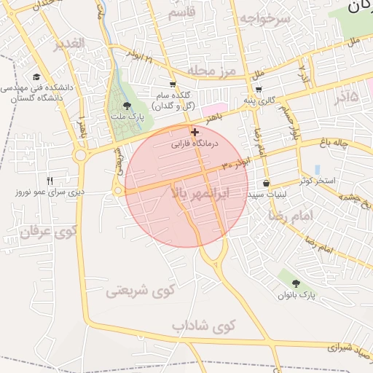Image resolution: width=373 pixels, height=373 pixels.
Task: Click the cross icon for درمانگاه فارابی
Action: click(195, 132)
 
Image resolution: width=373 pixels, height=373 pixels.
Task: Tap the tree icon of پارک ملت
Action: click(127, 106)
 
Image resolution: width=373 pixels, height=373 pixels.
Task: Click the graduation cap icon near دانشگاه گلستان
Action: click(36, 76)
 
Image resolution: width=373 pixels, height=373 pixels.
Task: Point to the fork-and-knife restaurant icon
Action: click(50, 181)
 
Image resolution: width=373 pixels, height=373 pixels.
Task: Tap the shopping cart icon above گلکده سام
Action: click(173, 84)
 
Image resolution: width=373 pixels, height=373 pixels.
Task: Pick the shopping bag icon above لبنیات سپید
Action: click(266, 183)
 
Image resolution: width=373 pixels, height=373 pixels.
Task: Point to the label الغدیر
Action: click(69, 44)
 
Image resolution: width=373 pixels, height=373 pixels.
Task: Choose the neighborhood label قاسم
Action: click(181, 13)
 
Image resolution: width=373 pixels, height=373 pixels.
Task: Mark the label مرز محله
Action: click(213, 70)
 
